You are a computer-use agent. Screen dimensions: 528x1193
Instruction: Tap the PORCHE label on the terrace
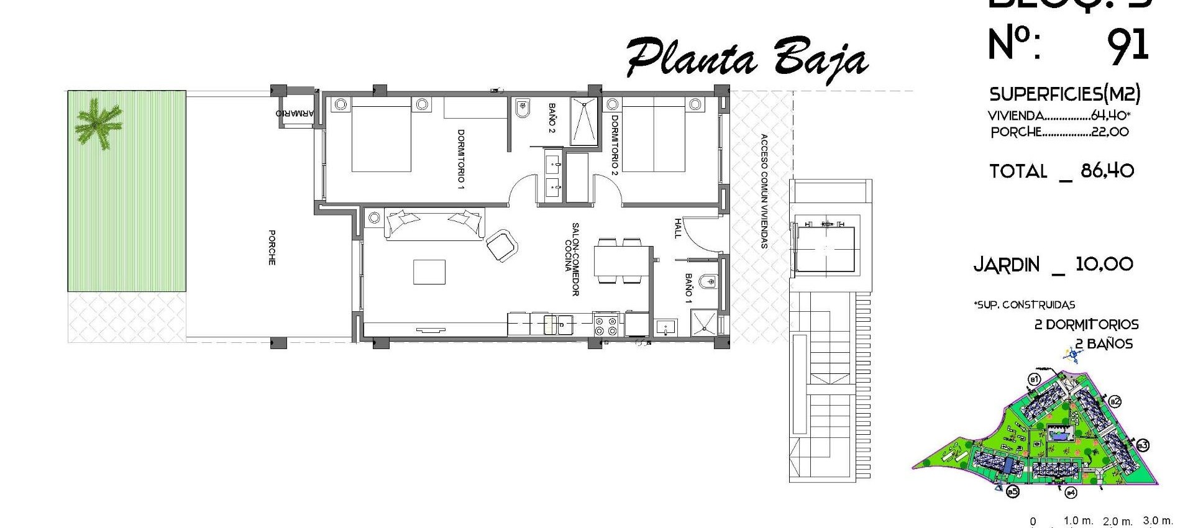(x=272, y=248)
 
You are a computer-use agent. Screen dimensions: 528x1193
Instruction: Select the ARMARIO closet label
(x=296, y=114)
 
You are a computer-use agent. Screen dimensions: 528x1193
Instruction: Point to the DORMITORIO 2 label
(x=615, y=143)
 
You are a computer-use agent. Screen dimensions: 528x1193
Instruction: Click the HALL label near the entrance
(x=677, y=228)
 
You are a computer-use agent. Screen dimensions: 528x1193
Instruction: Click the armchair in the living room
(x=501, y=245)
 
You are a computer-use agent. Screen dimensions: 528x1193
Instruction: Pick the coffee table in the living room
(x=429, y=272)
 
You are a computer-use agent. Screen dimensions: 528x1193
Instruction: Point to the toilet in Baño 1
(x=708, y=283)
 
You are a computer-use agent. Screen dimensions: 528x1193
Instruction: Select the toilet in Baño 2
(x=521, y=109)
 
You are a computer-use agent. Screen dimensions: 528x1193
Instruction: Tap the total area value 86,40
(x=1107, y=171)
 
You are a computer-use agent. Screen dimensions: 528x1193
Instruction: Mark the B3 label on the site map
(x=1143, y=445)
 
